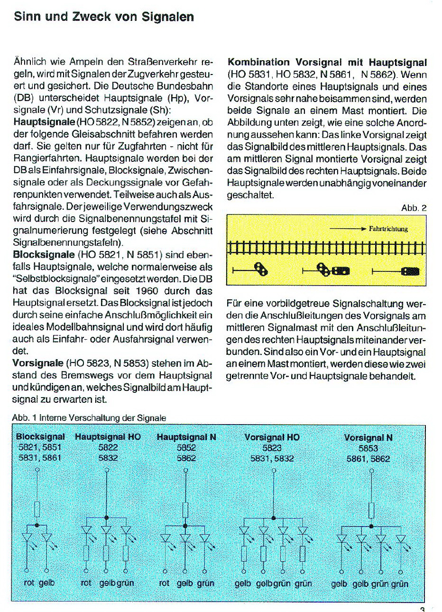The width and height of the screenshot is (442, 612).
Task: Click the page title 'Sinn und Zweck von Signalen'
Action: [x=104, y=17]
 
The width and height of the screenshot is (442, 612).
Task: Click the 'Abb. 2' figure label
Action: [x=414, y=208]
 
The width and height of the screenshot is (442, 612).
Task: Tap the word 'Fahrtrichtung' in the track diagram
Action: [x=388, y=229]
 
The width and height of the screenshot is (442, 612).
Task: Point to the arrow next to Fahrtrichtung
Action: [x=348, y=229]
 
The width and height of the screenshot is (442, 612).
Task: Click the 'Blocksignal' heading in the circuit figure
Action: [x=40, y=436]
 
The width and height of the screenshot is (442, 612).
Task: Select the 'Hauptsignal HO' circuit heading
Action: [x=108, y=436]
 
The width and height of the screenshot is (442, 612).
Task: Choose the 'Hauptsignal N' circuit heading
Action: [x=186, y=436]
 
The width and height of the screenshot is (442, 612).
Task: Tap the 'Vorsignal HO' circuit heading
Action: [x=272, y=437]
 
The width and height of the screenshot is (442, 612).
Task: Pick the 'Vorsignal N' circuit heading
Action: [x=368, y=437]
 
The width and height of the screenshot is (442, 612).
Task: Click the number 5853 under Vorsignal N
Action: [x=368, y=448]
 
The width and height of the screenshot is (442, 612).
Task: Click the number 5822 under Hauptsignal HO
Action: [x=108, y=447]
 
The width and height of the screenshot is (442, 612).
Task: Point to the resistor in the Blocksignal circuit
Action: [x=37, y=510]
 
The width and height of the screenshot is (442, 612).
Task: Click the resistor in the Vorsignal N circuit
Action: [x=371, y=510]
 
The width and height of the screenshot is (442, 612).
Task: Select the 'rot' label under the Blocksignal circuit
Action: [x=29, y=582]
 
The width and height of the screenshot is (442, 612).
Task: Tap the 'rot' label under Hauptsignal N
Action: [x=164, y=583]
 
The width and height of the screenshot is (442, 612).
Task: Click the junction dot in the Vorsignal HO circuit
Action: [x=274, y=517]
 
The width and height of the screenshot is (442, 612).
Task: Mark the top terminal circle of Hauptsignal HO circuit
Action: [x=106, y=470]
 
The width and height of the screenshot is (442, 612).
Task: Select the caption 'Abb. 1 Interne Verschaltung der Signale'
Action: [x=89, y=418]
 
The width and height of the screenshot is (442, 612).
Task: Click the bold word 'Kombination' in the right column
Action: [x=258, y=62]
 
